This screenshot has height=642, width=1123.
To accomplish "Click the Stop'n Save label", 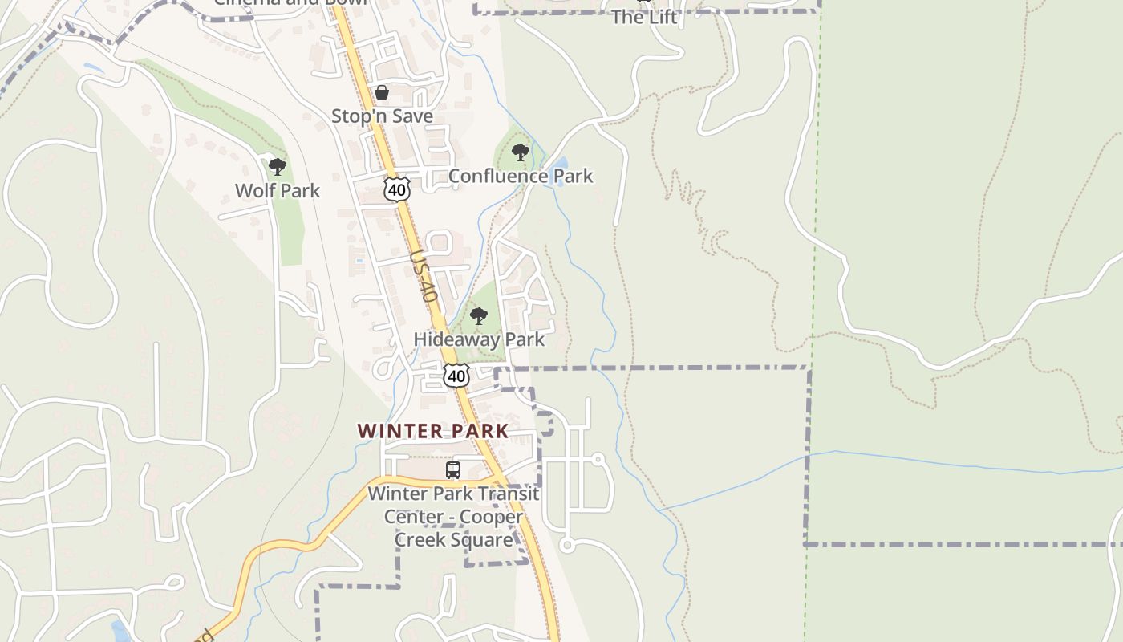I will [382, 116].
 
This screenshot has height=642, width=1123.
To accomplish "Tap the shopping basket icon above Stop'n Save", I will [382, 92].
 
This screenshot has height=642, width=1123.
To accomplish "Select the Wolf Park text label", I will [278, 191].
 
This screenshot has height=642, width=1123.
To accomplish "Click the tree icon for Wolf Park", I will [278, 167].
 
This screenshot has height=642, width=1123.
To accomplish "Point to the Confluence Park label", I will [521, 176].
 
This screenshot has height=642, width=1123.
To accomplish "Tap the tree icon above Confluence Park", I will [521, 152].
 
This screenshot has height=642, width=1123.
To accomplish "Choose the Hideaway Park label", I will [479, 339].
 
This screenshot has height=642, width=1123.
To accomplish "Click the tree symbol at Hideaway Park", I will [479, 316].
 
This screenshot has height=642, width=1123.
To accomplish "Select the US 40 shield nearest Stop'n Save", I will [397, 189].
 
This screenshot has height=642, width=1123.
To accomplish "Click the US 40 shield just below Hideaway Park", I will [456, 376].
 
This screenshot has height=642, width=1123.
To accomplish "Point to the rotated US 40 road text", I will [424, 277].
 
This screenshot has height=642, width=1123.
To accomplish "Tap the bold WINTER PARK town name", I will [433, 431].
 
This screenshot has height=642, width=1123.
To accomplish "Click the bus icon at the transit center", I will [453, 470].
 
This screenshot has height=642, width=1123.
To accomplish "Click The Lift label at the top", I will [644, 17].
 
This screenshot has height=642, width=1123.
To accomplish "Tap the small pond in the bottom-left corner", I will [122, 631].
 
